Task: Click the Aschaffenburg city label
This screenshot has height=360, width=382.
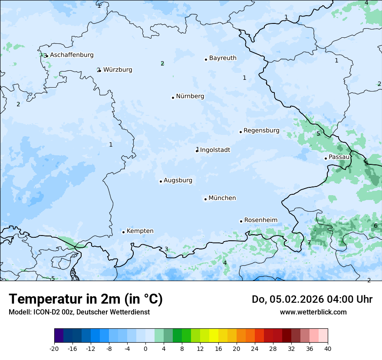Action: pos(72,55)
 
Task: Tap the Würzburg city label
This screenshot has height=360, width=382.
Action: pos(118,70)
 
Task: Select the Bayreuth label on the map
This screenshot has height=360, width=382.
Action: pos(223,58)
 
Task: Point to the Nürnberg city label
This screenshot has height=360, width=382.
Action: pos(190,96)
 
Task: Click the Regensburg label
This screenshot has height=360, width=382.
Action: pos(261,131)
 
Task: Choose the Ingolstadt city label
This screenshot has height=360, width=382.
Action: pos(215,150)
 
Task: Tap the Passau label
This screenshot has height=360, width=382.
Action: pos(339,157)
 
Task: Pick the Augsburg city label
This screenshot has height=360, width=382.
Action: pos(178,180)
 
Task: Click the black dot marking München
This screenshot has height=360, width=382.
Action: pos(205,199)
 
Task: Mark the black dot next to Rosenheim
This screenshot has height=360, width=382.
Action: pos(241,221)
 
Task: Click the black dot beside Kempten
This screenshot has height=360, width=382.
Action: pos(123,232)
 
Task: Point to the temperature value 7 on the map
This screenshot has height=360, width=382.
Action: pos(309,243)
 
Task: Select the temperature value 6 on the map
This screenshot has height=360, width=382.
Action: pos(375,226)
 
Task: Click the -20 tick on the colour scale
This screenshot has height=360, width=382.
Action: pos(54,348)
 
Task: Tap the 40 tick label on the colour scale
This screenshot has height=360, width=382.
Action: pos(327,348)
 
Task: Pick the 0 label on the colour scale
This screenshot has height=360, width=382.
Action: pos(145,348)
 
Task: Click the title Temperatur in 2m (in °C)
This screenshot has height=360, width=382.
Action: pos(86,299)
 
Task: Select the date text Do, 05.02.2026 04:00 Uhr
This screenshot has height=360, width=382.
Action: pos(312,299)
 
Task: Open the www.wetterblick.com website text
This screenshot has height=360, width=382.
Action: pos(313,312)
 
